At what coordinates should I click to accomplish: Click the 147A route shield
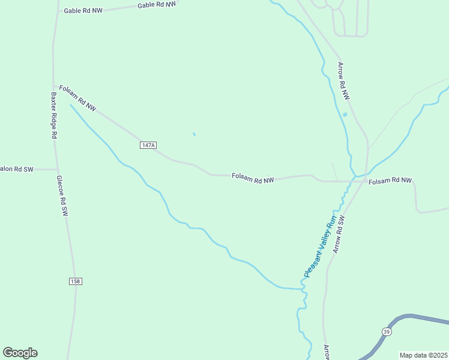point(148,145)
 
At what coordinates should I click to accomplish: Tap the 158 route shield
point(75,281)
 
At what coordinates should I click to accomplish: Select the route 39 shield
point(386,331)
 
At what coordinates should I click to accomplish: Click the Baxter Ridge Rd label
point(53,115)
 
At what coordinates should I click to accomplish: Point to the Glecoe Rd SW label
point(62,196)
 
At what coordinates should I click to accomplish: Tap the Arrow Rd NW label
point(343,80)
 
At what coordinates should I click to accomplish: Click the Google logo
point(20,353)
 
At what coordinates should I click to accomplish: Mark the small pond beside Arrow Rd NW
point(345,115)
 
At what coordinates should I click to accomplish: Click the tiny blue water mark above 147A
point(193,134)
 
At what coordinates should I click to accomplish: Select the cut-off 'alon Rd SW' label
point(16,170)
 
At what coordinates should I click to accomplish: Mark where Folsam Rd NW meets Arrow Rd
point(364,181)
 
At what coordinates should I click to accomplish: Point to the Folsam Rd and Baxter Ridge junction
point(54,86)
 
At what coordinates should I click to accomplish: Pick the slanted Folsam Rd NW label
point(77,98)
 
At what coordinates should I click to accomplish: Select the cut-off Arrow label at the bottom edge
point(327,352)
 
